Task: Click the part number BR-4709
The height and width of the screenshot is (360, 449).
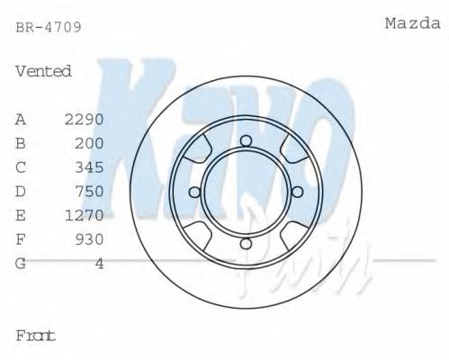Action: pyautogui.click(x=49, y=27)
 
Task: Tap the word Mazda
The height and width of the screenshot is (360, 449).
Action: pyautogui.click(x=412, y=23)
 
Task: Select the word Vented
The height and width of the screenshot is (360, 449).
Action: pyautogui.click(x=43, y=71)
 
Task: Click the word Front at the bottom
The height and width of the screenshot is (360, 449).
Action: pyautogui.click(x=36, y=335)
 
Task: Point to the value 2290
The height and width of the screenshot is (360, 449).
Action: pyautogui.click(x=85, y=119)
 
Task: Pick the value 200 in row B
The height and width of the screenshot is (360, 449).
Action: pyautogui.click(x=89, y=142)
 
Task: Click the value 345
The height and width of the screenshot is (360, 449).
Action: pyautogui.click(x=89, y=166)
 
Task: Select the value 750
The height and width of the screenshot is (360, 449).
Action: pyautogui.click(x=89, y=191)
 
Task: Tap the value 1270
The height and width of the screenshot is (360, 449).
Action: pyautogui.click(x=85, y=214)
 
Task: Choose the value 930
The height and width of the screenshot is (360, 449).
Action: pyautogui.click(x=89, y=238)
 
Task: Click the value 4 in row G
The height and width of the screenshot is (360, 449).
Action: pyautogui.click(x=99, y=263)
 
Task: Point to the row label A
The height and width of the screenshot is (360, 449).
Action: pyautogui.click(x=21, y=119)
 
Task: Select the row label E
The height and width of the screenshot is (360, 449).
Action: pyautogui.click(x=21, y=214)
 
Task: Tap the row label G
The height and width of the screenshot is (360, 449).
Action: pyautogui.click(x=21, y=263)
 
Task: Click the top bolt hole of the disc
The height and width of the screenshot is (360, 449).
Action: pyautogui.click(x=245, y=139)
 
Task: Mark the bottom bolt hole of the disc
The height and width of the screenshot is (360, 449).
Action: pyautogui.click(x=245, y=244)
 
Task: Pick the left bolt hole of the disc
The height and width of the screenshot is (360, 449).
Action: pyautogui.click(x=193, y=192)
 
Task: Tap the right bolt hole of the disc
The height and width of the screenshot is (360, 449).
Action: pyautogui.click(x=298, y=192)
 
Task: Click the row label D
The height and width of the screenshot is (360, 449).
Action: pyautogui.click(x=21, y=191)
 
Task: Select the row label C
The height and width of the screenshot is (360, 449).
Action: pyautogui.click(x=21, y=166)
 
